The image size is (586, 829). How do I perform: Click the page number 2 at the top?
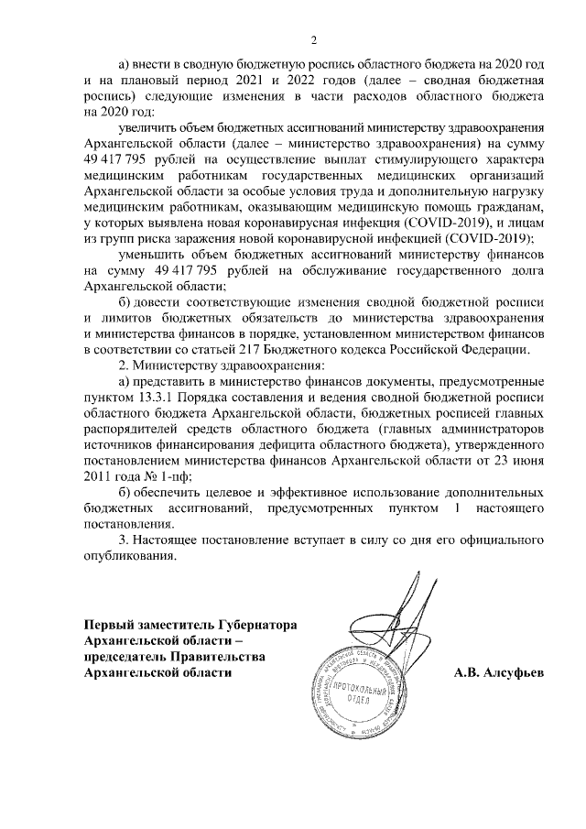[x=313, y=40]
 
